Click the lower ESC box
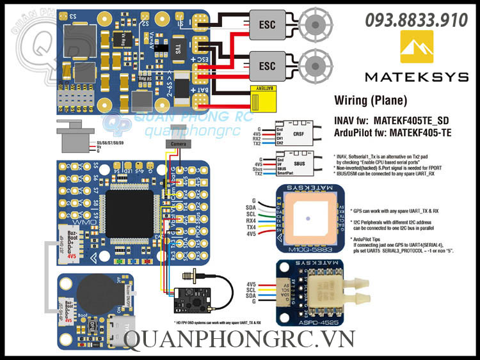[266, 65]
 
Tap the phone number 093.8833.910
[416, 20]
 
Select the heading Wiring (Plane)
[362, 100]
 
